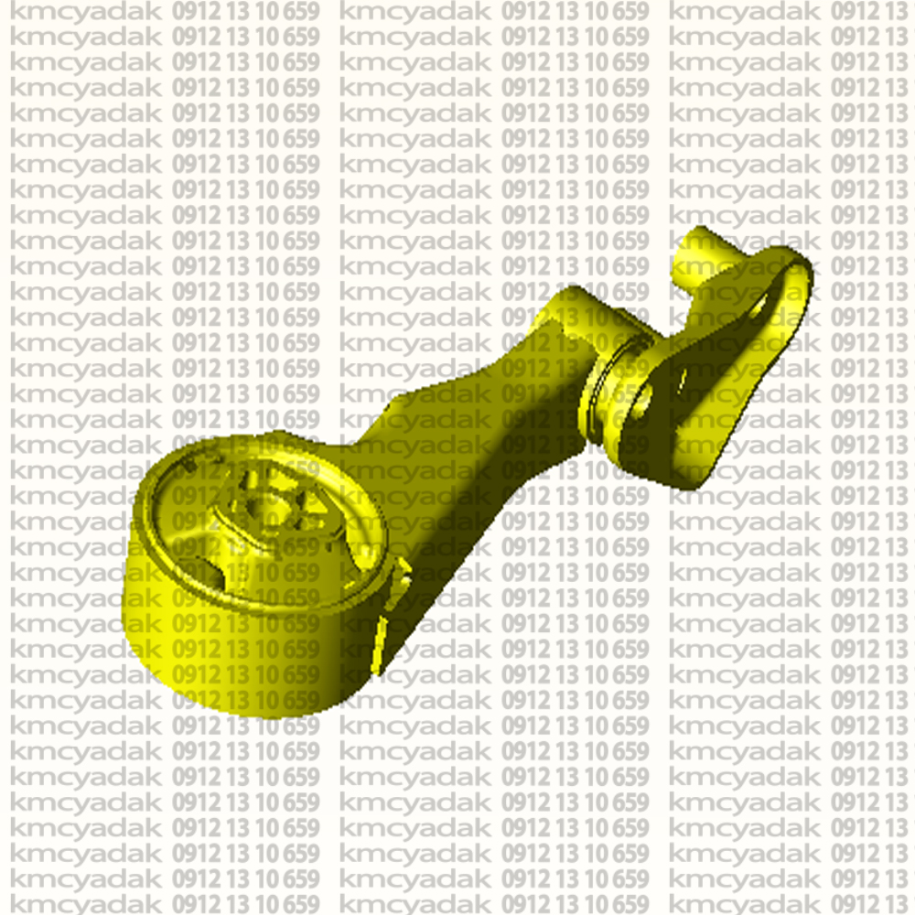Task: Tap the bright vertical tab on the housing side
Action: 381,645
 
